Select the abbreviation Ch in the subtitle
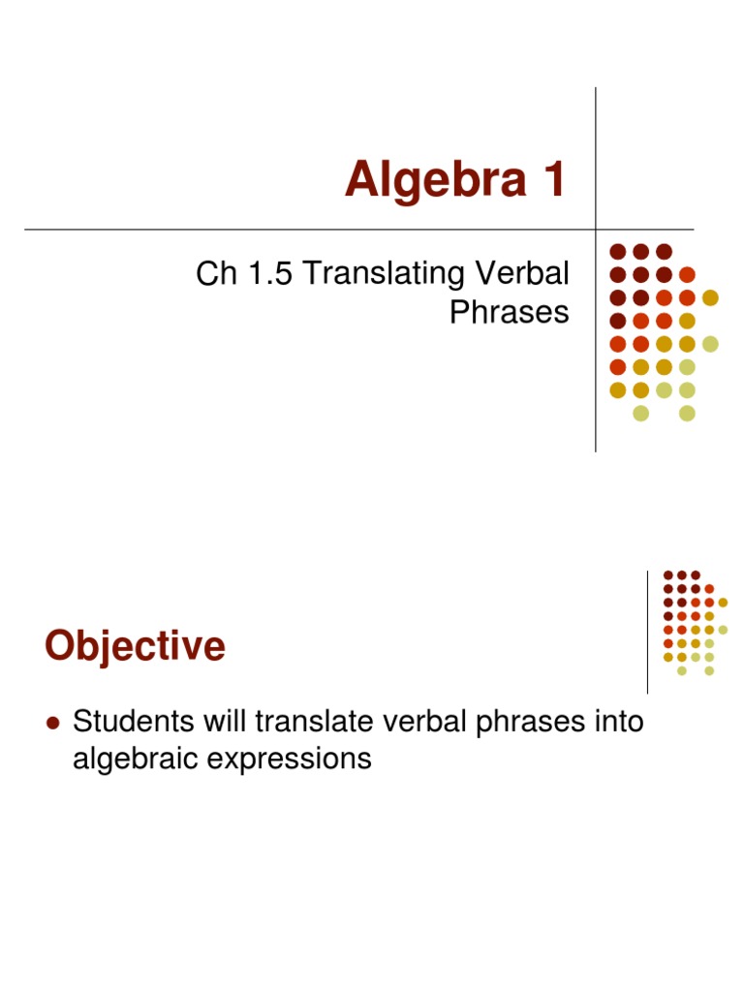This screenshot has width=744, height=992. [x=215, y=274]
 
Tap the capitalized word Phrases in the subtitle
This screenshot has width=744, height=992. [x=510, y=313]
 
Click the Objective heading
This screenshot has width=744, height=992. [x=135, y=646]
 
